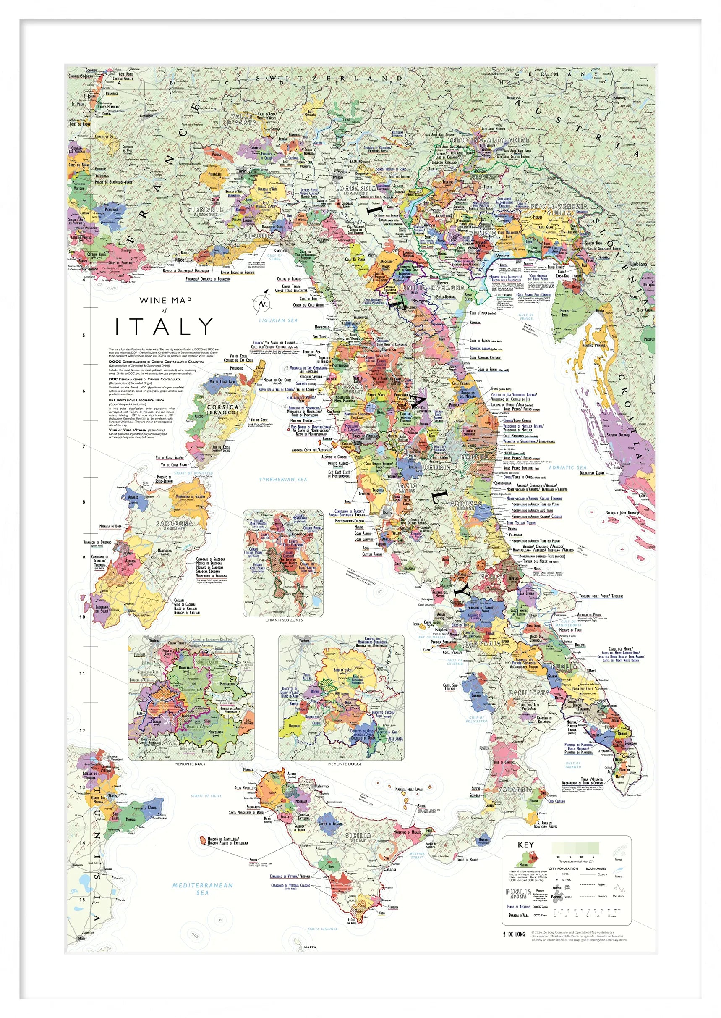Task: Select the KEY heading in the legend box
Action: [526, 845]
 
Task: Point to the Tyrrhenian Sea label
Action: [283, 480]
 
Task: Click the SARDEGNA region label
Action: [175, 525]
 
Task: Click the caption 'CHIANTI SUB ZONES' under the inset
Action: [284, 620]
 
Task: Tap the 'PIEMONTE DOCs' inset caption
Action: [191, 764]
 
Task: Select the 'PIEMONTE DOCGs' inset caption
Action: [345, 764]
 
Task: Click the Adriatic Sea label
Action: [567, 467]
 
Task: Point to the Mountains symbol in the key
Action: [619, 889]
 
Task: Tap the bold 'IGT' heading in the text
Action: [112, 400]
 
